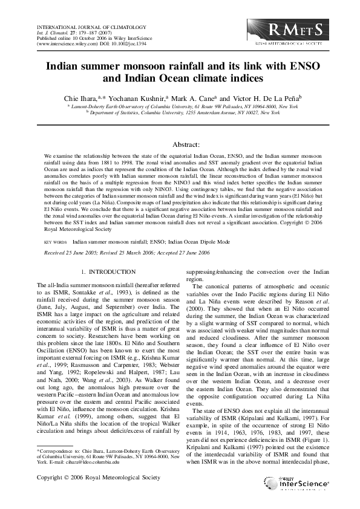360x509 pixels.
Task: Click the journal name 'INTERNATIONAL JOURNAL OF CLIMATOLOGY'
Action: pyautogui.click(x=83, y=28)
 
